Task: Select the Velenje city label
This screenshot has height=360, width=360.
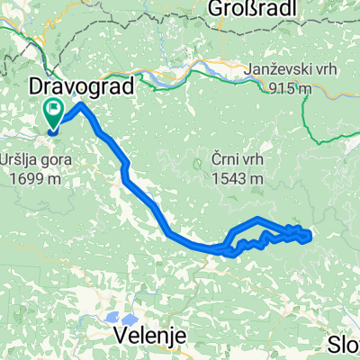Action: [x=151, y=335]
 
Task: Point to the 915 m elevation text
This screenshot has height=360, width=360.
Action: [x=289, y=88]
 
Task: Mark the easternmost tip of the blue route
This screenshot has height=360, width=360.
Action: [x=310, y=237]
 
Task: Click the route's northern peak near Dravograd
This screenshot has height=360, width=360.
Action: [x=82, y=105]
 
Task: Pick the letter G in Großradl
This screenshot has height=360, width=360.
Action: [x=216, y=9]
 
